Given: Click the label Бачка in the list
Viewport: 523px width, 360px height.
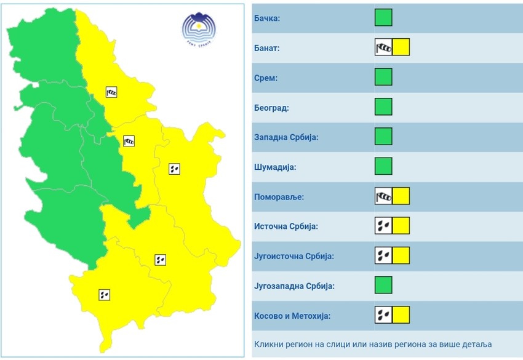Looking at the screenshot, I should tap(266, 18).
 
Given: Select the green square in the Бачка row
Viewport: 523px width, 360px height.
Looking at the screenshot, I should tap(383, 18).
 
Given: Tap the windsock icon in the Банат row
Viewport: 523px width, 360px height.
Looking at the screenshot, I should tap(383, 47).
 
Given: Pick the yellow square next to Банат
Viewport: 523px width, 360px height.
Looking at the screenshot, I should tap(401, 47).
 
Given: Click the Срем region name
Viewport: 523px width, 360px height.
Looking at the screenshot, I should tap(266, 78).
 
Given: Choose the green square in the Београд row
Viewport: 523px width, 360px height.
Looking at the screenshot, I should tap(383, 107).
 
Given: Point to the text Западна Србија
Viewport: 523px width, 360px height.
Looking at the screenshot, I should tap(285, 137).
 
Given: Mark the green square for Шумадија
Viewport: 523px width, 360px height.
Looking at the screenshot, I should tap(383, 166).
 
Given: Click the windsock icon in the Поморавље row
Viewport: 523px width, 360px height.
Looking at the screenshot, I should tap(383, 196).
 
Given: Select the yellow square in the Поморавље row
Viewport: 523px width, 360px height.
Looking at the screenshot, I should tap(401, 196).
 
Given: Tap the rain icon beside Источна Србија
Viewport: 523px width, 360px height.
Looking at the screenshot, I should tap(383, 226).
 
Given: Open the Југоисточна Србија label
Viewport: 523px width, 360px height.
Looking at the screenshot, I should tap(293, 256).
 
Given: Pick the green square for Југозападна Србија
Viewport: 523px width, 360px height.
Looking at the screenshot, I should tap(383, 285).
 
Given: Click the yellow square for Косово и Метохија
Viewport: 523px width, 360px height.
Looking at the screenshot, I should tap(401, 315).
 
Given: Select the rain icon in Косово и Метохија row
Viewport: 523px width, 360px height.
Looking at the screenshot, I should tap(383, 315).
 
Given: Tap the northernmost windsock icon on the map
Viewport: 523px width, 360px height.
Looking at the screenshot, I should tap(111, 92).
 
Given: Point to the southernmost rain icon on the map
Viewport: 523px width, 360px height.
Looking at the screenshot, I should tap(105, 295).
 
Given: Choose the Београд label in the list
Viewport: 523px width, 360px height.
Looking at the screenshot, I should tap(271, 108).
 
